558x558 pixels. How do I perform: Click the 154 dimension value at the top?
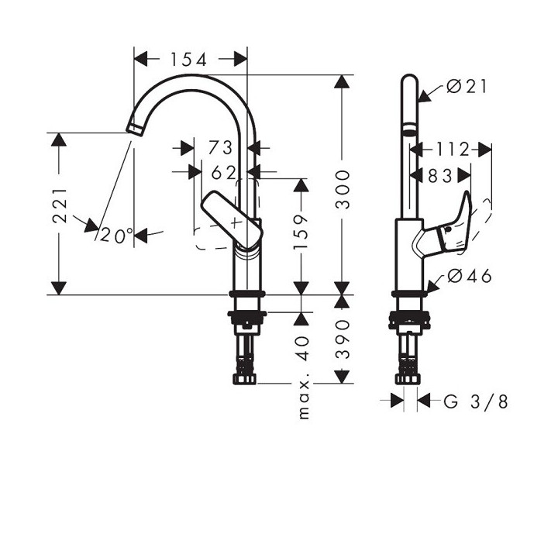(x=189, y=59)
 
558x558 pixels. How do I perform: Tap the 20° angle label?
(x=117, y=236)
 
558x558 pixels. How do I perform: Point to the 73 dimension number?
(x=221, y=146)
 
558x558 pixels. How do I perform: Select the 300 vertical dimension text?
(x=343, y=189)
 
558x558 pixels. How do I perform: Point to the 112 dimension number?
(x=453, y=149)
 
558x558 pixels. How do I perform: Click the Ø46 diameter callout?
(x=470, y=277)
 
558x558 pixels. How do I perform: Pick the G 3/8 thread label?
(x=477, y=401)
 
